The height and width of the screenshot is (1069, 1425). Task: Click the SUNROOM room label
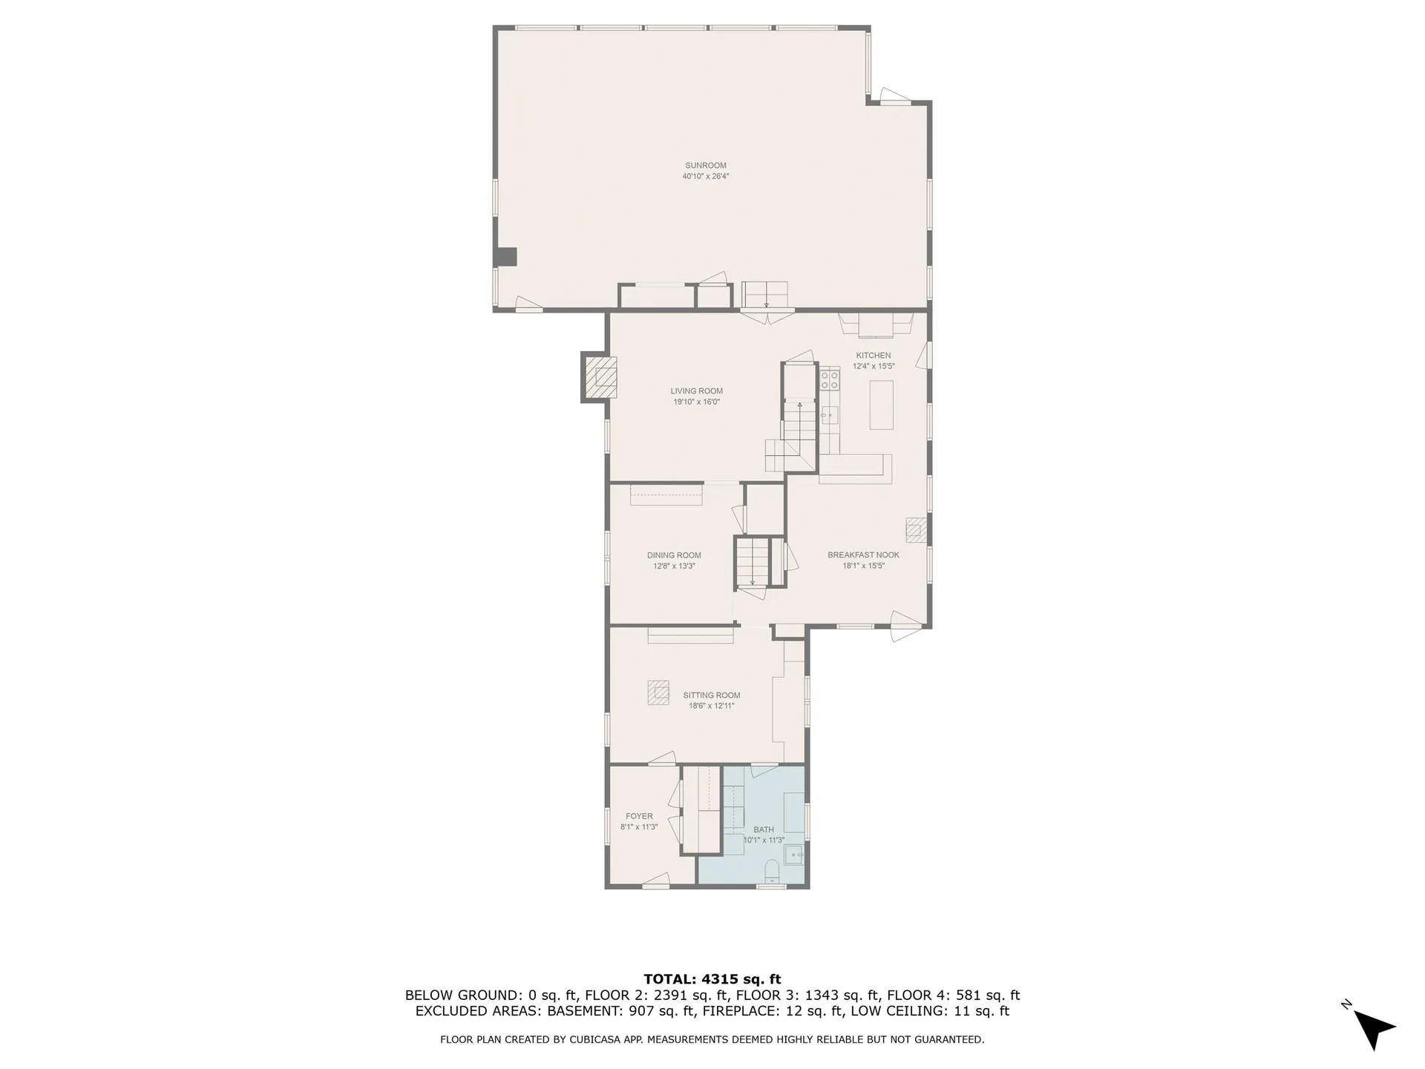705,166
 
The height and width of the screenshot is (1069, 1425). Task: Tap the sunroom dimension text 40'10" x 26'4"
705,177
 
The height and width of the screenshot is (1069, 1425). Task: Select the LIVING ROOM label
696,391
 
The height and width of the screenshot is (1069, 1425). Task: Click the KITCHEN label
873,356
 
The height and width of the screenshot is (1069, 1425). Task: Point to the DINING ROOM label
673,555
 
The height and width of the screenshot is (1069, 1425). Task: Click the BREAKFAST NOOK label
863,555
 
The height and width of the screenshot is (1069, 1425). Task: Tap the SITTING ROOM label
711,696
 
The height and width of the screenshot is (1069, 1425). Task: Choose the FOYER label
639,816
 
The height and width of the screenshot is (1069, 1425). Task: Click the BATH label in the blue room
763,830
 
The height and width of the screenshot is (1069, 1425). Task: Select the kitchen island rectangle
881,405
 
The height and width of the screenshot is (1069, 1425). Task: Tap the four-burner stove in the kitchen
830,380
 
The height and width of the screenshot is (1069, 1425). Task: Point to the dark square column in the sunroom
506,257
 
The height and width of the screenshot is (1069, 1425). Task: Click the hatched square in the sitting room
658,693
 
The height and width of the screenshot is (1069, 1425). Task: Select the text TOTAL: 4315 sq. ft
712,979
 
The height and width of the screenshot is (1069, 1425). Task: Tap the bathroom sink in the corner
795,856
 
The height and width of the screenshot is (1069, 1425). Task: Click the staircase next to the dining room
752,562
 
